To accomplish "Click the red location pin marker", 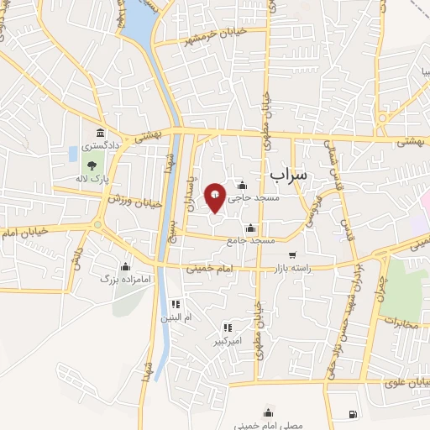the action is coord(216,197).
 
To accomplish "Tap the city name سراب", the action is coord(291,172).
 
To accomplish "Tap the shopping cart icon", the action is coord(291,255).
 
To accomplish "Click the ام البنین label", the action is coord(176,318).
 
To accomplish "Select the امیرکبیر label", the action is coord(227,342).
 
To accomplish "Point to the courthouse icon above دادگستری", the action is coord(101,133).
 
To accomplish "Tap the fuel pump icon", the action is coord(350,414).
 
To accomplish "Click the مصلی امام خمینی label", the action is coord(270,425).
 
